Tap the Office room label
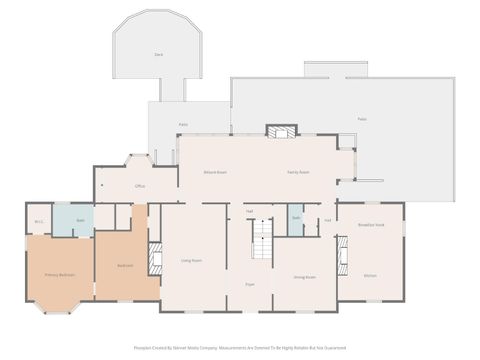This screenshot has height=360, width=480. click(x=141, y=186)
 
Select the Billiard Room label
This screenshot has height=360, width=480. click(x=215, y=172)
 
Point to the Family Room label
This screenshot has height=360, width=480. click(x=298, y=172)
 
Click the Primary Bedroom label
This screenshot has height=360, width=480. click(x=59, y=274)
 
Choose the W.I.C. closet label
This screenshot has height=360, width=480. click(x=39, y=221)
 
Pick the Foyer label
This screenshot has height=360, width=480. click(x=249, y=285)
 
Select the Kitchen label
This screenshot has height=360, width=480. click(x=370, y=275)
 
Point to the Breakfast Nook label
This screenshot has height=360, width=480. click(x=370, y=226)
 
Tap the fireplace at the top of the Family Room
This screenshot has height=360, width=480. click(x=281, y=131)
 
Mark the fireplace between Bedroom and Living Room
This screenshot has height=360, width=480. click(x=155, y=258)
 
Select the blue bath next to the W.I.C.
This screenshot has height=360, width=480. click(x=80, y=220)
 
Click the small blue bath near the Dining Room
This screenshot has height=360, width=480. click(x=296, y=219)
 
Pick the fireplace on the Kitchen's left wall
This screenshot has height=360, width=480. click(x=343, y=260)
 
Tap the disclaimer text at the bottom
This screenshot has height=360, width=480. click(x=240, y=348)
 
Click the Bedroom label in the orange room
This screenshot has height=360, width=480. click(x=125, y=265)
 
